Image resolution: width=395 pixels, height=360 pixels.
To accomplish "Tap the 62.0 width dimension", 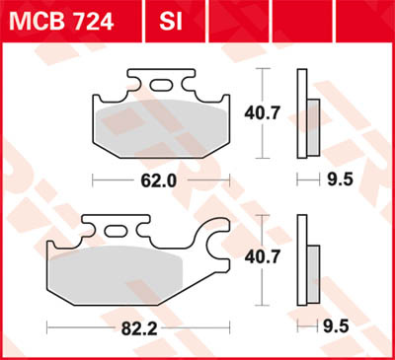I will [161, 181].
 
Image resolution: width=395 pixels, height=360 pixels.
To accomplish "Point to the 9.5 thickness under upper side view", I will [337, 181].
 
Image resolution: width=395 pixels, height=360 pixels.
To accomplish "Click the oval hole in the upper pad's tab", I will [164, 89].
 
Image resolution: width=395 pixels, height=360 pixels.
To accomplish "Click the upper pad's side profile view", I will [306, 115].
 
